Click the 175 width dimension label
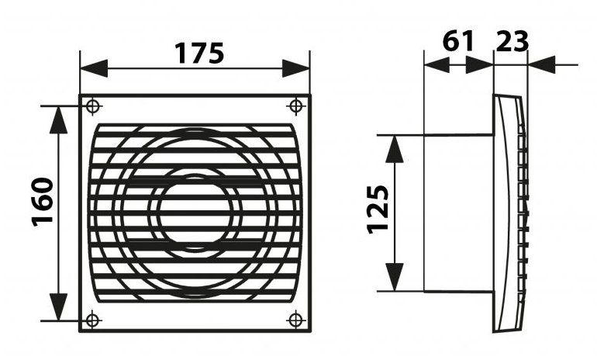click(x=198, y=53)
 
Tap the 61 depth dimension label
click(x=458, y=40)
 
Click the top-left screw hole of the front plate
click(x=91, y=106)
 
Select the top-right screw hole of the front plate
click(x=295, y=106)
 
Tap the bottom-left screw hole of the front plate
click(x=91, y=319)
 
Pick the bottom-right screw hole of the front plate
click(x=295, y=319)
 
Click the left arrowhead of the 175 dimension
click(x=91, y=67)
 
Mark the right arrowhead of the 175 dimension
click(x=298, y=67)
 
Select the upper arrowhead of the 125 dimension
click(x=395, y=147)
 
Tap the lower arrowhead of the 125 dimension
click(x=395, y=279)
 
